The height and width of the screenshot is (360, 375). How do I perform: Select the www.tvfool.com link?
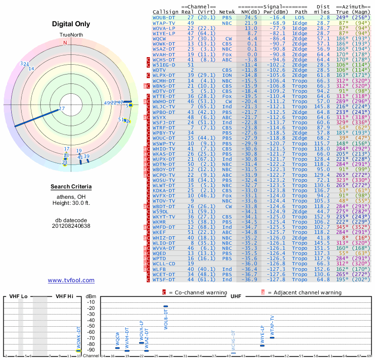pos(71,280)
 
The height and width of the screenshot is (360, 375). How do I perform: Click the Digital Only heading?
pos(71,24)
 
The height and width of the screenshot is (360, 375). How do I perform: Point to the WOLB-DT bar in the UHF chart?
pos(165,306)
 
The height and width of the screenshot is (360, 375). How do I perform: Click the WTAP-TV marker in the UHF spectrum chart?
pos(272,337)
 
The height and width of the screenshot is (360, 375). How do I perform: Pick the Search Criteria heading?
pos(71,187)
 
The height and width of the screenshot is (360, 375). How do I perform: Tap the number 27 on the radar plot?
pos(62,109)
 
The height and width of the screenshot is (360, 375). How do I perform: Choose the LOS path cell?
pos(301,17)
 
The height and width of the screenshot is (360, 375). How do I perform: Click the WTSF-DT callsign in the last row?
pos(164,280)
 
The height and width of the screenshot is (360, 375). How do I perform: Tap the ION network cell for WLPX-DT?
pos(227,75)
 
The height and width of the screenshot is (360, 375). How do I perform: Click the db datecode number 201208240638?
pos(71,225)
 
